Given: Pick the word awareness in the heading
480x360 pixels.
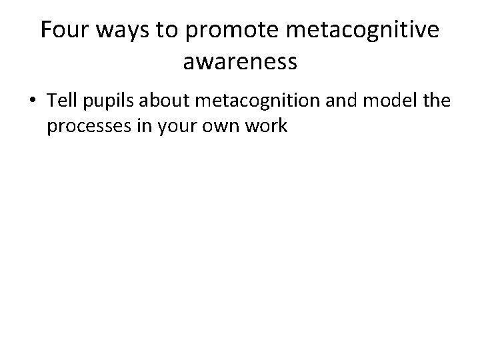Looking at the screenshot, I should click(x=239, y=63).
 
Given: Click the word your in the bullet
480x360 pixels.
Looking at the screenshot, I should click(x=163, y=127).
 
